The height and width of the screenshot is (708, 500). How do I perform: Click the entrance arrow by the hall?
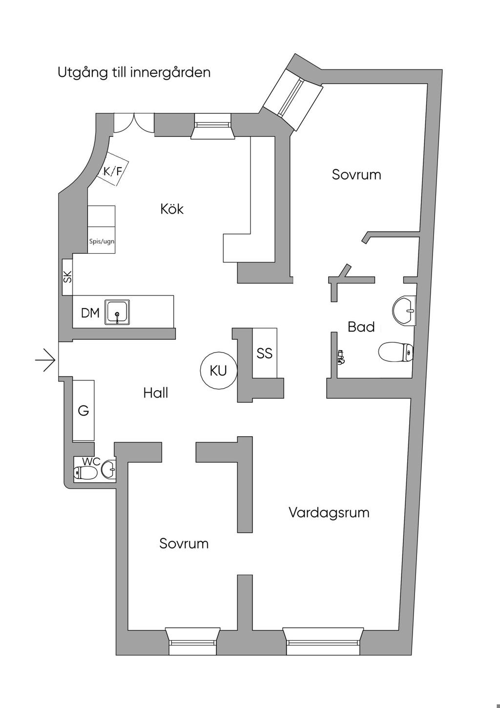point(45,360)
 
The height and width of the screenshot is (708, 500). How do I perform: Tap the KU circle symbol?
point(218,371)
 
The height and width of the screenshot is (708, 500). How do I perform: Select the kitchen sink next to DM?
point(118,312)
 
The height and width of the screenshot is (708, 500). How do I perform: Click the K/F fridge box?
point(112,171)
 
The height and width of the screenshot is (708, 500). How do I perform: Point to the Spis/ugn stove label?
point(102,242)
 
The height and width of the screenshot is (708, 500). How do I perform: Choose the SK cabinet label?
point(67,277)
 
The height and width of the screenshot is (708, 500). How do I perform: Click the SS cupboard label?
point(264,353)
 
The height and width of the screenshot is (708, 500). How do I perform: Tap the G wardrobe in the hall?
point(83,411)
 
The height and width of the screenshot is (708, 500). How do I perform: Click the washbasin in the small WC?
point(109,470)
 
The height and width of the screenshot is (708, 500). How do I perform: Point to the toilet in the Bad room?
point(396,352)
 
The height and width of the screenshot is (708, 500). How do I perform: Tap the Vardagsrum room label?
point(329,512)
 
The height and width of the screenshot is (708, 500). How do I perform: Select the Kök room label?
point(172,209)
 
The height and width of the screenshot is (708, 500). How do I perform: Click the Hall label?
point(156,393)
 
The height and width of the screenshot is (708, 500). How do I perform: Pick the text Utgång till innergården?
point(134,72)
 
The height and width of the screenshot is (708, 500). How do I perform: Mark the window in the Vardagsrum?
point(323,641)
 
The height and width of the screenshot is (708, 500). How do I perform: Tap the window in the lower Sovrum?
point(192,641)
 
